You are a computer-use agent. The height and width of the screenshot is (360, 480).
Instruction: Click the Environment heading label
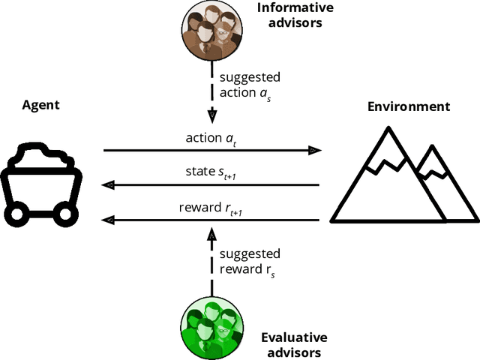tap(408, 106)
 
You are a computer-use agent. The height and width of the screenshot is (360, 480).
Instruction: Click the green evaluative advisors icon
tap(212, 327)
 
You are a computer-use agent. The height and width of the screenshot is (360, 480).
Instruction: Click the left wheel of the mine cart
tap(17, 214)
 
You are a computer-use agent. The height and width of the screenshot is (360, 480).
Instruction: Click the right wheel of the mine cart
tap(66, 214)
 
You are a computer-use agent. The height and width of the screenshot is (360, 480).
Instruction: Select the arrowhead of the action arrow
tap(315, 150)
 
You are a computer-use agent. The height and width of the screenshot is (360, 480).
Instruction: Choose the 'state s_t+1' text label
tap(212, 173)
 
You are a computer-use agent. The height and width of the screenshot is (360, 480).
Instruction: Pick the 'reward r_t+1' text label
tap(210, 208)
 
